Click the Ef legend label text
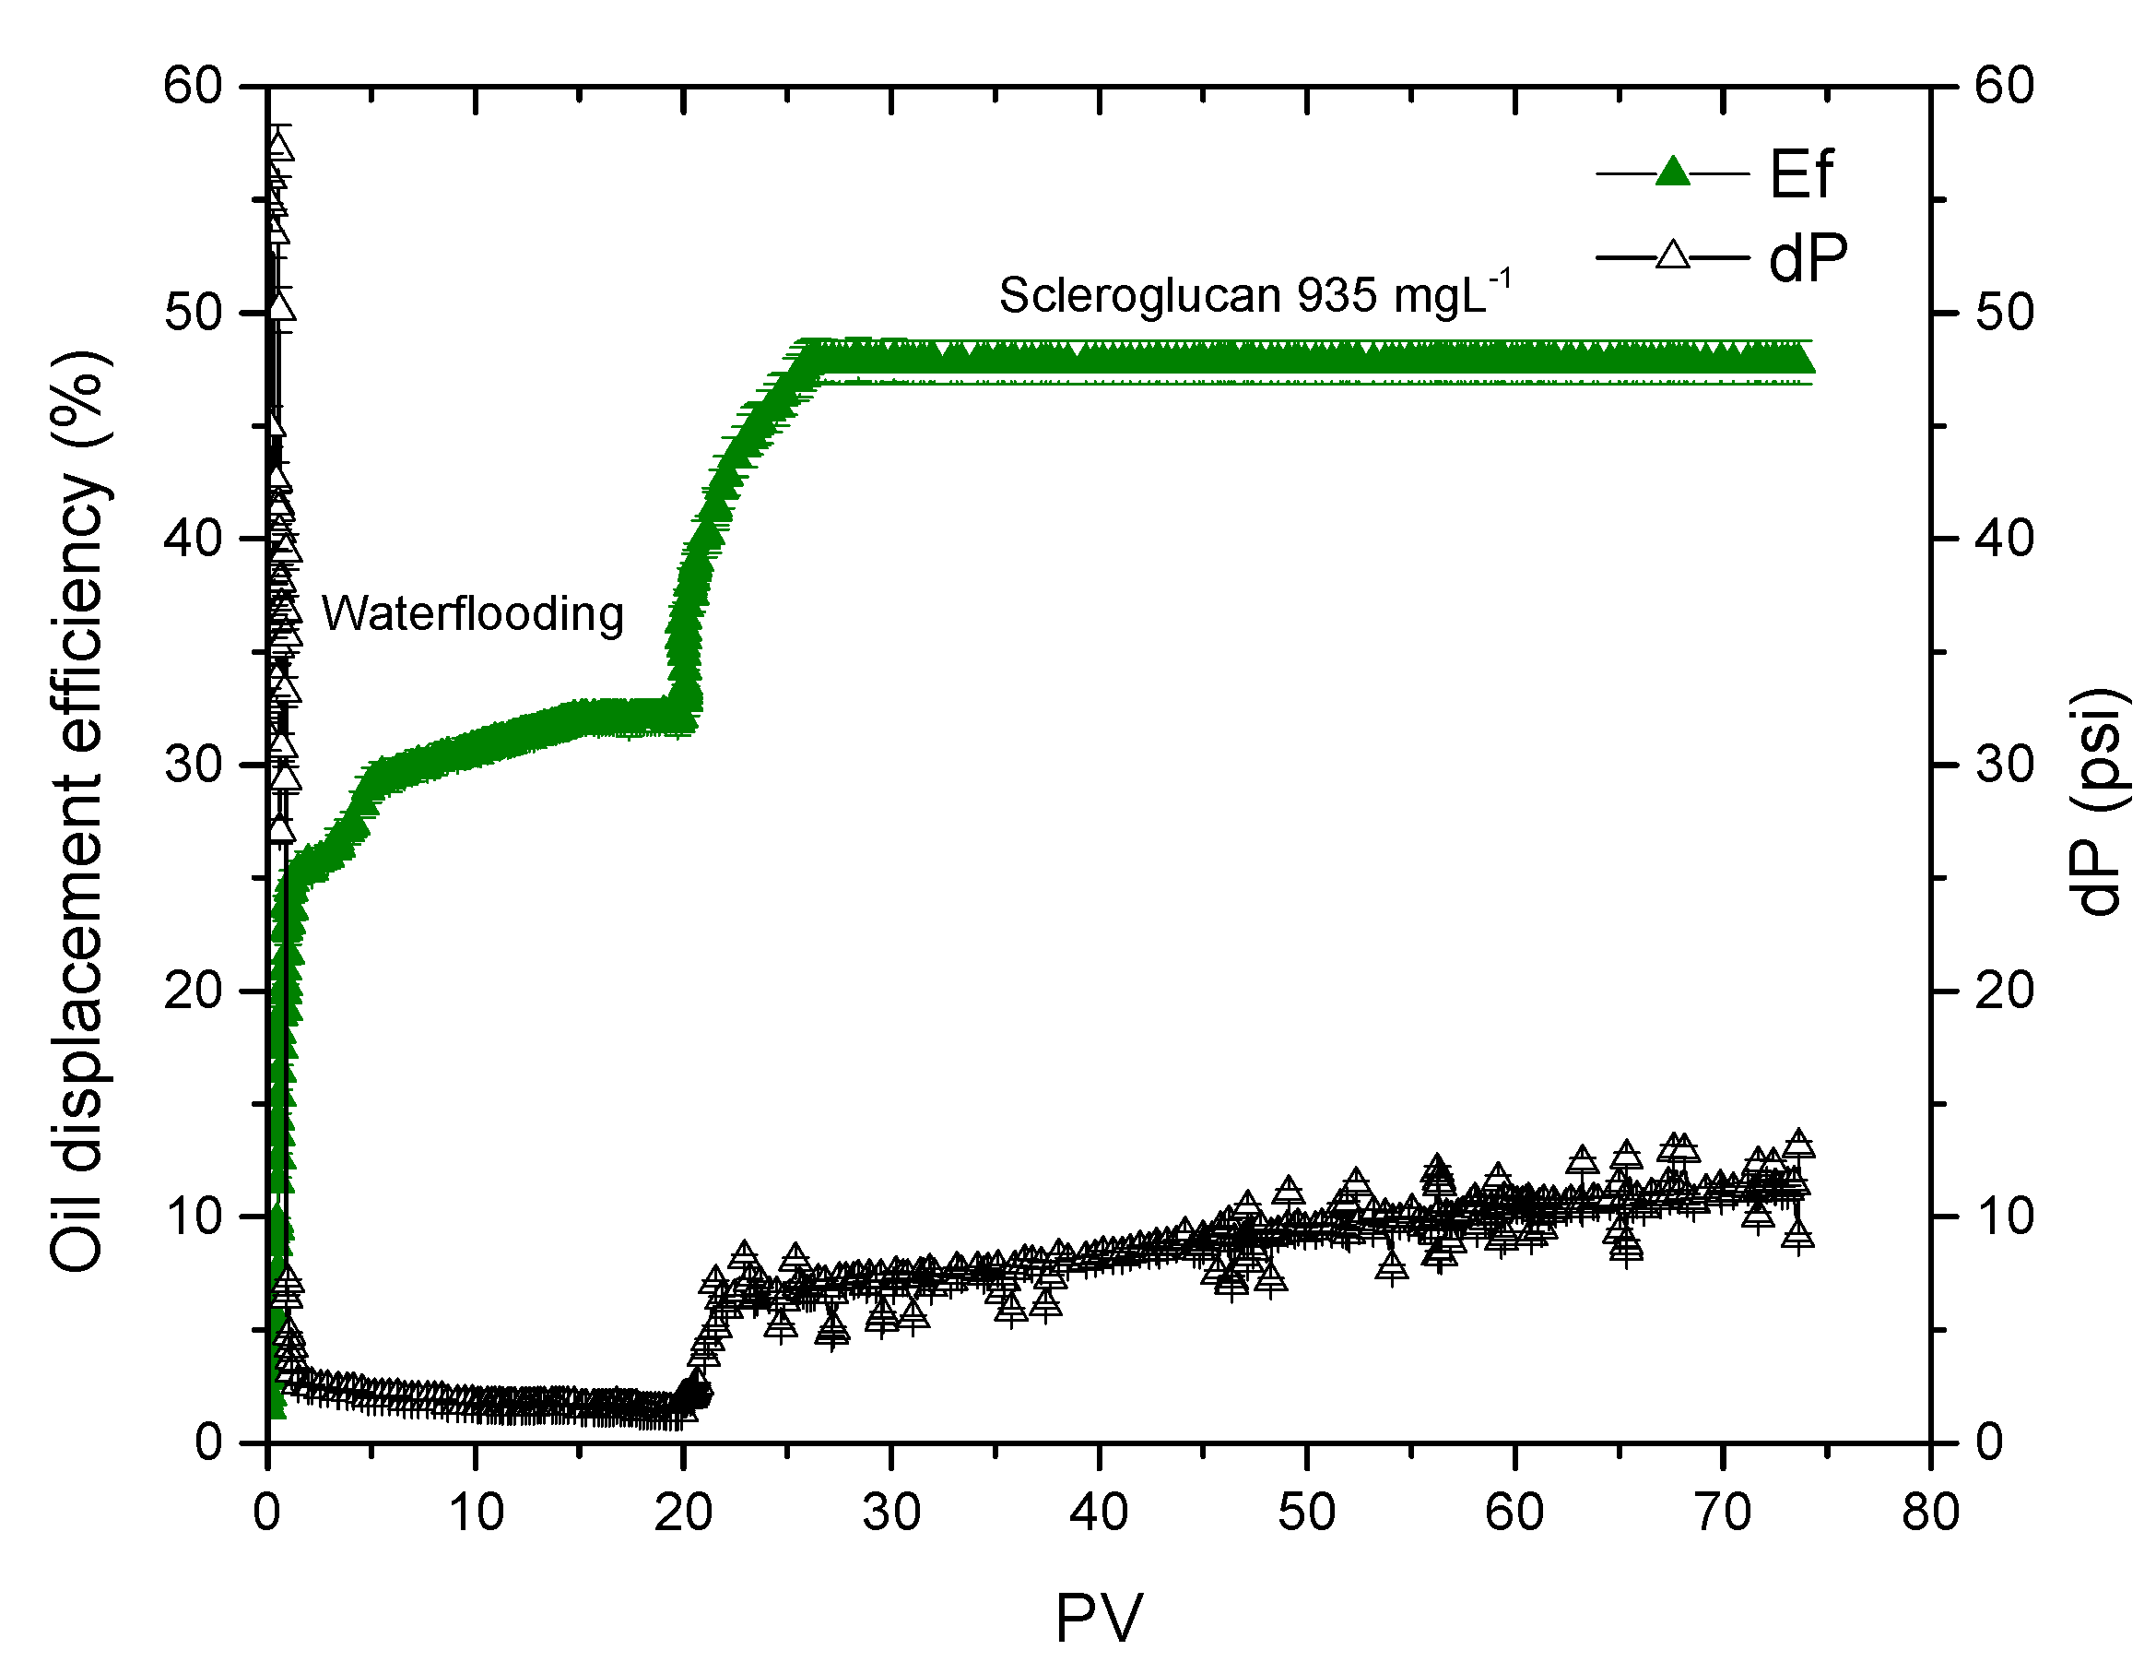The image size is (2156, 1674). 1800,175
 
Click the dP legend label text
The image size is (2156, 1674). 1807,259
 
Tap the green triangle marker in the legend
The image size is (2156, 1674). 1672,172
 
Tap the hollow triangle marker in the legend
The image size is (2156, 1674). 1672,255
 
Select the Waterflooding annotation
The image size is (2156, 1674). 472,614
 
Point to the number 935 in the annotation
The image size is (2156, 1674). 1337,295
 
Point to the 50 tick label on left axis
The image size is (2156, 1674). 193,313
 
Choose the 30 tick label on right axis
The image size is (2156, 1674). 2004,765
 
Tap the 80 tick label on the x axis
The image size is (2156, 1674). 1930,1513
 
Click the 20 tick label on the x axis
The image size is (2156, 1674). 683,1513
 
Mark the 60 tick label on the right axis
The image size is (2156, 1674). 2004,86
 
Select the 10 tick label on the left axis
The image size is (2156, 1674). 193,1217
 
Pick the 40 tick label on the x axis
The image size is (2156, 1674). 1099,1513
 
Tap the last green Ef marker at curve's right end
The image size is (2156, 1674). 1803,362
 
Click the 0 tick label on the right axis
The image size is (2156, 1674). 1990,1442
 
